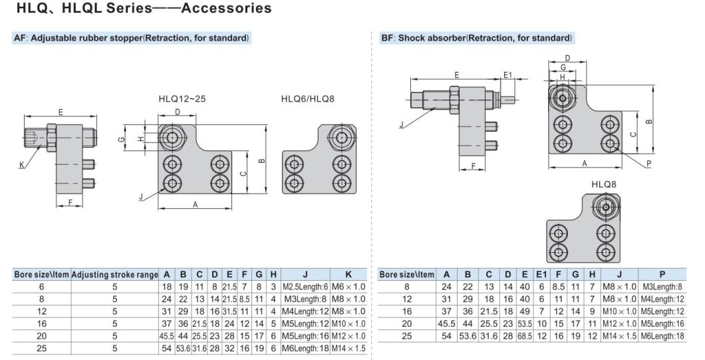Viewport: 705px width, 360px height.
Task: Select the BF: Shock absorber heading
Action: point(477,38)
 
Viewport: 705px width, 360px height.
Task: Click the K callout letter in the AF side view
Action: point(23,164)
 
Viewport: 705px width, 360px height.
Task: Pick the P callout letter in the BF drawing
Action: point(648,163)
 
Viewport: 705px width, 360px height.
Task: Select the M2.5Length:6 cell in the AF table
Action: point(305,287)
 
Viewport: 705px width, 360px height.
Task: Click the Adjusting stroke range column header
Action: point(114,275)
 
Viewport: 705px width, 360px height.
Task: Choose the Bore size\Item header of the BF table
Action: point(406,275)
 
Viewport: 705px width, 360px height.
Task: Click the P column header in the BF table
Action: point(662,275)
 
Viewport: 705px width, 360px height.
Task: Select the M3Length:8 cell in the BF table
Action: point(662,287)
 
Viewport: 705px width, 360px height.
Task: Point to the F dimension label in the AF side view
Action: point(70,204)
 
